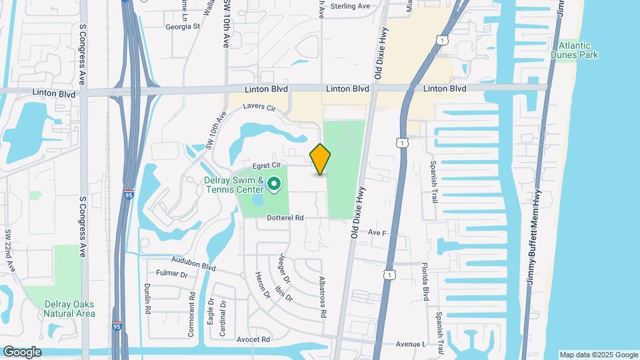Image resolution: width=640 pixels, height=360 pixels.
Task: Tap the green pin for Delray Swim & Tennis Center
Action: click(273, 183)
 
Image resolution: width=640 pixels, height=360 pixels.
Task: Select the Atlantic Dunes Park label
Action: click(575, 50)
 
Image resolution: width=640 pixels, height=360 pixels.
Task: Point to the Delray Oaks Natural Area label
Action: click(69, 309)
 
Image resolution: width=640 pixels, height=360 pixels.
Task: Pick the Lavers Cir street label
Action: click(259, 107)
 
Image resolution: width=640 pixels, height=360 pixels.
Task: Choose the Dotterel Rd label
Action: click(285, 217)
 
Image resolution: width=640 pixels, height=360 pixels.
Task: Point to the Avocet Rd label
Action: click(253, 339)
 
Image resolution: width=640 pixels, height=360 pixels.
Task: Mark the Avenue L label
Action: click(411, 344)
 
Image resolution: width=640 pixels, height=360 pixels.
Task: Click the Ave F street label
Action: click(377, 233)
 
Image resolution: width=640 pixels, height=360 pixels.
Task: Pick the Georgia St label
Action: click(183, 27)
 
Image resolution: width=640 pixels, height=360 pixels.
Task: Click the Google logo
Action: click(21, 352)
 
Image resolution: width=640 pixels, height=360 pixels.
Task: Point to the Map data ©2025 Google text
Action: click(598, 355)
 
